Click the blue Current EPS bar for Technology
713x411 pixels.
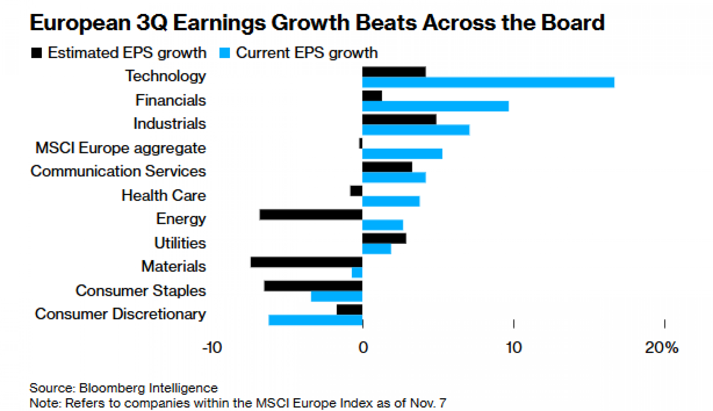coord(488,82)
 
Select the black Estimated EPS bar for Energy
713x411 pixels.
coord(311,215)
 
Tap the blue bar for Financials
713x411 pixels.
coord(435,106)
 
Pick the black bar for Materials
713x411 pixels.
coord(306,262)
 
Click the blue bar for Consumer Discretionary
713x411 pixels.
coord(316,320)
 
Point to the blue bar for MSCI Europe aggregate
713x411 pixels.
coord(402,154)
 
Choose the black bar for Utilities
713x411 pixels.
coord(384,238)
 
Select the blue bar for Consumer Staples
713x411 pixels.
coord(337,296)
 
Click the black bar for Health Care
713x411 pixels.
coord(356,191)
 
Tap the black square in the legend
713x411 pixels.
coord(36,53)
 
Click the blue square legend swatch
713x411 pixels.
coord(225,53)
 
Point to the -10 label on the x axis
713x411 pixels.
coord(212,347)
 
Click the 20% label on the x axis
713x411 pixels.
coord(662,347)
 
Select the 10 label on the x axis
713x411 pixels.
coord(513,347)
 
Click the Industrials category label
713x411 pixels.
coord(169,124)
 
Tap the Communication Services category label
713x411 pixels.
coord(118,171)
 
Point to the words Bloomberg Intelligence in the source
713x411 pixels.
coord(148,388)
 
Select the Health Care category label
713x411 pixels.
coord(163,195)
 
